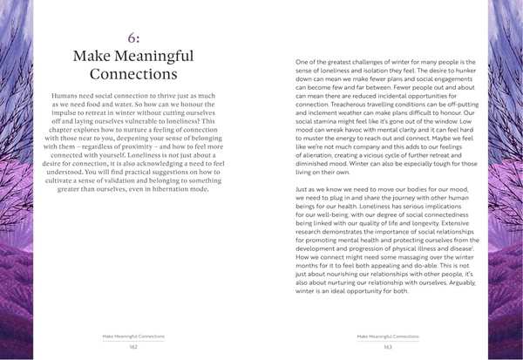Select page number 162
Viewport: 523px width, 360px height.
133,346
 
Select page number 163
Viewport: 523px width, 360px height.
388,346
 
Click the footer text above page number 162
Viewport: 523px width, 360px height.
133,336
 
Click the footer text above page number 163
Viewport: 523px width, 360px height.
388,336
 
